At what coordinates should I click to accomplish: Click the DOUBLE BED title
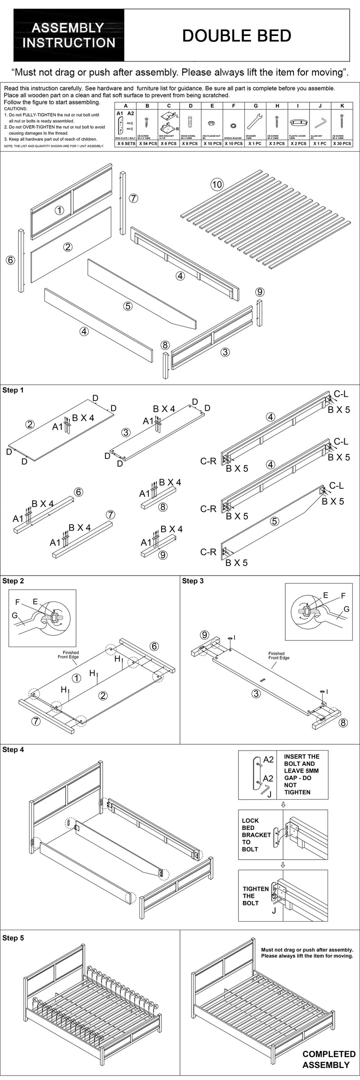[x=237, y=36]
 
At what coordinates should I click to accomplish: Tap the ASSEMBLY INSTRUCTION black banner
[x=69, y=36]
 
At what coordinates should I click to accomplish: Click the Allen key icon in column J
[x=320, y=123]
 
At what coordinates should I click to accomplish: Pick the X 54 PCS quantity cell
[x=147, y=144]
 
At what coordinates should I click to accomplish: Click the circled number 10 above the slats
[x=217, y=184]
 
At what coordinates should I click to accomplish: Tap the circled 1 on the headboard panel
[x=59, y=210]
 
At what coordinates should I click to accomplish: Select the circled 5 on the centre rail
[x=128, y=306]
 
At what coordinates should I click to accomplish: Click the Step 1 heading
[x=13, y=390]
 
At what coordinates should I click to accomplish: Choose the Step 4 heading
[x=13, y=750]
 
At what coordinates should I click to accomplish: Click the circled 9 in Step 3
[x=205, y=635]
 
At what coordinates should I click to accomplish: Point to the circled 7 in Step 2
[x=36, y=721]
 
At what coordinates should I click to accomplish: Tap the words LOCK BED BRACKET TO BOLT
[x=256, y=835]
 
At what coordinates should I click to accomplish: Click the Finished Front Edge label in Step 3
[x=279, y=656]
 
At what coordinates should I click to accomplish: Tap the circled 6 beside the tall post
[x=11, y=260]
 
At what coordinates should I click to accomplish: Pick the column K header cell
[x=342, y=106]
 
